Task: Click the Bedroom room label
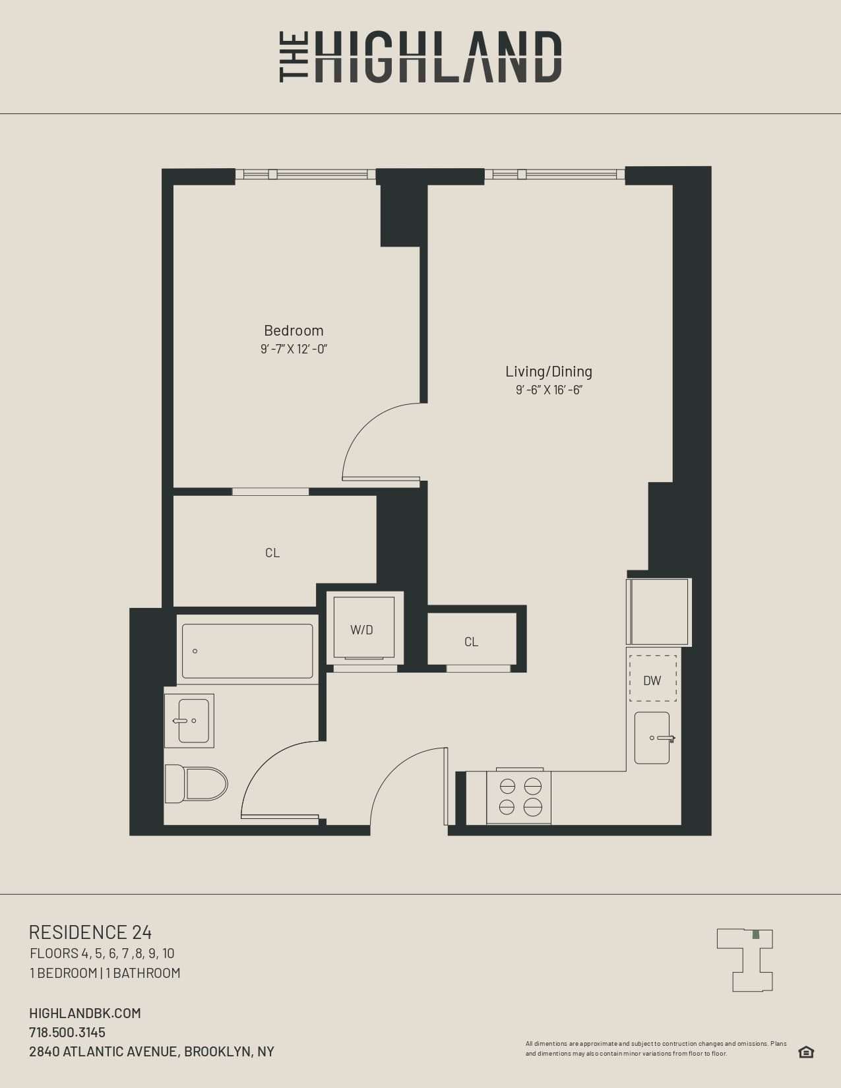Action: [294, 330]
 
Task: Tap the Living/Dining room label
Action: [549, 371]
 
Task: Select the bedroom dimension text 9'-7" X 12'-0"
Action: [294, 349]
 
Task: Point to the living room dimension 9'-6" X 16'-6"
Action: [549, 390]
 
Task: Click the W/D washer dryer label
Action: [361, 630]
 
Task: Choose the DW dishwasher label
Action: [652, 680]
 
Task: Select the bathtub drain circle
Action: [195, 651]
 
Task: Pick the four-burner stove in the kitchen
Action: [520, 797]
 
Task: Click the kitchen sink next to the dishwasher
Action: [652, 738]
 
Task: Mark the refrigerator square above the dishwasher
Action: [658, 612]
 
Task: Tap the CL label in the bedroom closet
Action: [272, 553]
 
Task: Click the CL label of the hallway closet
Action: [471, 642]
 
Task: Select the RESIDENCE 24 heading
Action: [90, 932]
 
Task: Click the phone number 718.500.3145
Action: [67, 1032]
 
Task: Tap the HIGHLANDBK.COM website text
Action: [85, 1013]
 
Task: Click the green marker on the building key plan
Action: [756, 934]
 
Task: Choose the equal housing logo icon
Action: [806, 1052]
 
